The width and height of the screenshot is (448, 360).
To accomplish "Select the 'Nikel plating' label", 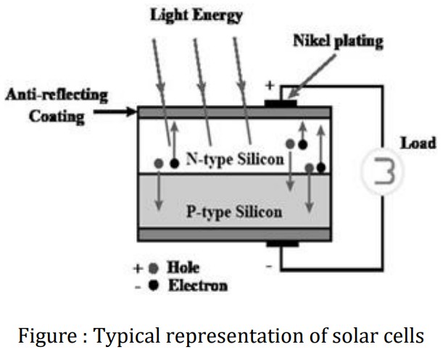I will [x=338, y=41].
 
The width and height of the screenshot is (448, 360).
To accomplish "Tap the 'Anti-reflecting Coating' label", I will [x=57, y=105].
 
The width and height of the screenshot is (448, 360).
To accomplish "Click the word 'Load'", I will [x=418, y=143].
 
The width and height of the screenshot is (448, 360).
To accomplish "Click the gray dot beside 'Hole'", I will [x=153, y=267].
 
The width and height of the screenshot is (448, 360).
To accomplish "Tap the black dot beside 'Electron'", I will [x=153, y=285].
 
